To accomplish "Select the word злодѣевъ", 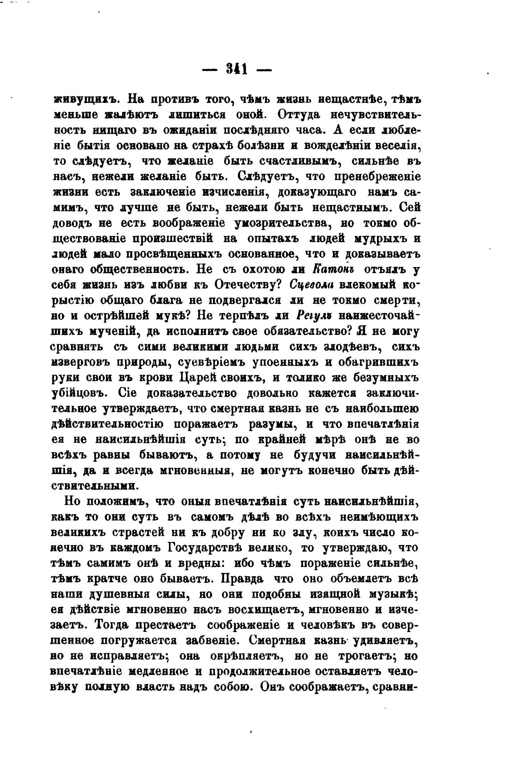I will (x=348, y=347).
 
